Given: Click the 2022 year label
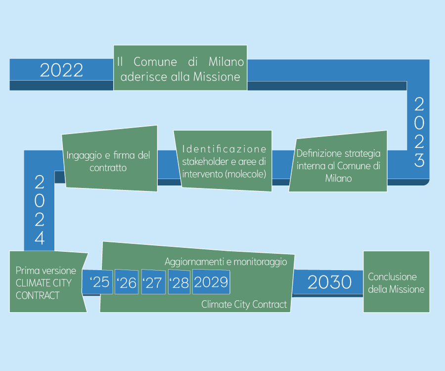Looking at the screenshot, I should pyautogui.click(x=61, y=70).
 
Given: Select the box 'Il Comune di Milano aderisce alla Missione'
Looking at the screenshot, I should pyautogui.click(x=180, y=68).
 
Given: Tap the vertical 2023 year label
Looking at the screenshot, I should pyautogui.click(x=419, y=132).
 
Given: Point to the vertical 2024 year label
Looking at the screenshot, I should pyautogui.click(x=40, y=210).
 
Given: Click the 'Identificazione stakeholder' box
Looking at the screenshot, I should pyautogui.click(x=223, y=161).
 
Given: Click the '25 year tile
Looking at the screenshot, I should pyautogui.click(x=99, y=282).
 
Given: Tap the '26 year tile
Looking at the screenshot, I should pyautogui.click(x=127, y=282).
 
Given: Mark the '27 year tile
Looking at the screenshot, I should pyautogui.click(x=153, y=282).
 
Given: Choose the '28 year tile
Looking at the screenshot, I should pyautogui.click(x=179, y=282).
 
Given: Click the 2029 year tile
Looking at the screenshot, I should pyautogui.click(x=211, y=282).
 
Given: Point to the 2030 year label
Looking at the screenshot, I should pyautogui.click(x=329, y=282).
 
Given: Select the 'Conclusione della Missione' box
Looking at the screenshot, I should pyautogui.click(x=396, y=282).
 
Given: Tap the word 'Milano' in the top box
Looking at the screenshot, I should pyautogui.click(x=226, y=62).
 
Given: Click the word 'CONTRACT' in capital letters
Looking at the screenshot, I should pyautogui.click(x=38, y=295).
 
